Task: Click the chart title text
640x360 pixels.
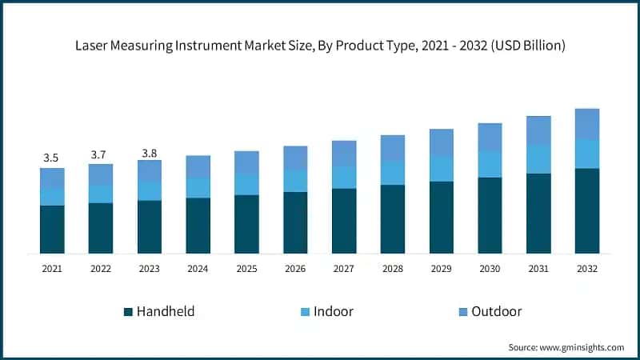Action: (320, 46)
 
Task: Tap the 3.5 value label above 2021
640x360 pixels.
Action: (52, 158)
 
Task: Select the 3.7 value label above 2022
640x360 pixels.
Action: (101, 154)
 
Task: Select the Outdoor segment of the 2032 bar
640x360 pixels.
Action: (587, 124)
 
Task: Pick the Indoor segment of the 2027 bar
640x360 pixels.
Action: (344, 177)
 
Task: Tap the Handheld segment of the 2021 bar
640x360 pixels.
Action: (52, 230)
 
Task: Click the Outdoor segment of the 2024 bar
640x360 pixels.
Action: (198, 166)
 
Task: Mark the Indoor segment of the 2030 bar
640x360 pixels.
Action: (490, 164)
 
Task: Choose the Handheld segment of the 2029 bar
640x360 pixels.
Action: (441, 218)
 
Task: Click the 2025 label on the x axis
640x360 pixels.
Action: (246, 270)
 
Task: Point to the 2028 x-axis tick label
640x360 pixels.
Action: (392, 270)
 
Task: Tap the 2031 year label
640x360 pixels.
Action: (538, 270)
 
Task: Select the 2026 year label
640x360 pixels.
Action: (295, 270)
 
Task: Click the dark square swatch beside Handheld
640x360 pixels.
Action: (128, 311)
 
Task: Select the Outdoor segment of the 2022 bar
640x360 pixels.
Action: (101, 174)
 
